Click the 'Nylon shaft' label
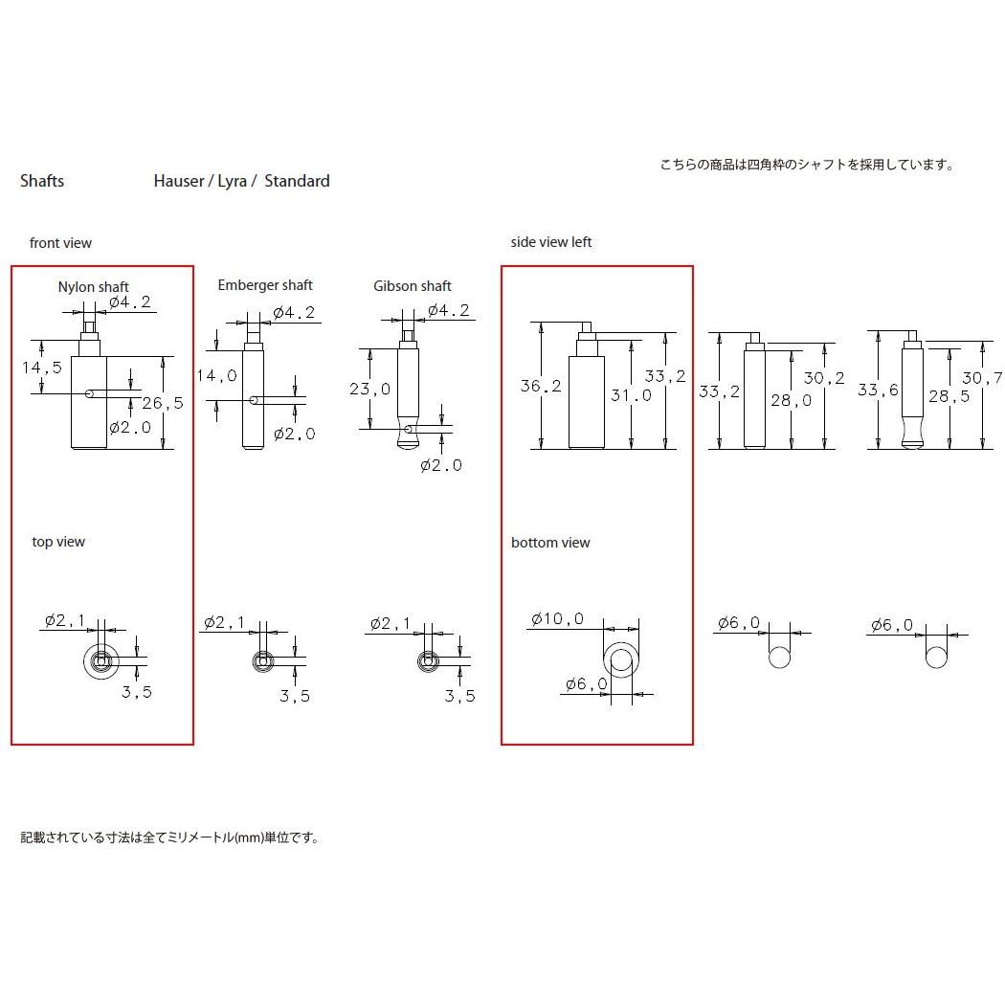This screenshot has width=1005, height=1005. coord(93,287)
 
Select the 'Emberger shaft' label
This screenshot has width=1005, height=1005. coord(265,285)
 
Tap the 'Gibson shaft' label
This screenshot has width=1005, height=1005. coord(413,286)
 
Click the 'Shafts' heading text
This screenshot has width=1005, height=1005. coord(42,181)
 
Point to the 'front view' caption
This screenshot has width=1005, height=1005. coord(60,243)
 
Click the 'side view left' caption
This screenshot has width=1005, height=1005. coord(551,242)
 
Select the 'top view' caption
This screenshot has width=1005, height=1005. coord(58,542)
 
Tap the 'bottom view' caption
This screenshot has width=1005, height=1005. coord(550,543)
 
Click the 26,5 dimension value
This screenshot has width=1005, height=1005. coord(162,402)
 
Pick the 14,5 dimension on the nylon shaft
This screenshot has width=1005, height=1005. coord(42,368)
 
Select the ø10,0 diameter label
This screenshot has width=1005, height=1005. coord(556,619)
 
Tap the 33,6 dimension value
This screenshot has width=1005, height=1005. coord(877,390)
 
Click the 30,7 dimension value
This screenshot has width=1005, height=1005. coord(982,377)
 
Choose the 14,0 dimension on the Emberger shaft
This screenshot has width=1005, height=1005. coord(216,376)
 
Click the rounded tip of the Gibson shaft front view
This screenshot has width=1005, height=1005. coord(409,442)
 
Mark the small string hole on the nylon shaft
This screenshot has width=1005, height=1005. coord(87,392)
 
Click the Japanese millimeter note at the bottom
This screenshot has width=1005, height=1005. coord(169,837)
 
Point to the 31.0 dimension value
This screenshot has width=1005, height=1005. coord(631,394)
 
